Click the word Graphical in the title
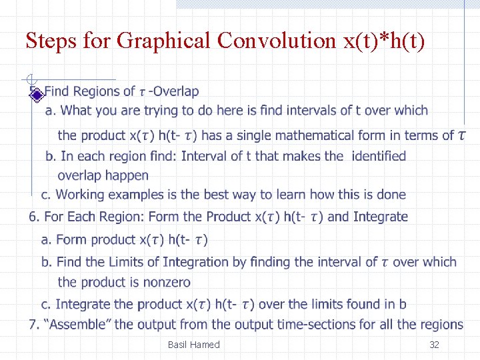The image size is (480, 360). click(163, 41)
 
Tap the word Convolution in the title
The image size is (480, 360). click(276, 41)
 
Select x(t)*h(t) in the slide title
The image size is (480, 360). click(383, 41)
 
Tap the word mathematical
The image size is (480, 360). click(317, 135)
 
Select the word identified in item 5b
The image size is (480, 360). click(379, 156)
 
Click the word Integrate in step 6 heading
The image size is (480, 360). click(380, 217)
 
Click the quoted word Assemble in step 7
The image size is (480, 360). click(79, 325)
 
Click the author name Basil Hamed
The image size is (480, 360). click(193, 345)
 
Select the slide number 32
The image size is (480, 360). click(434, 345)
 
